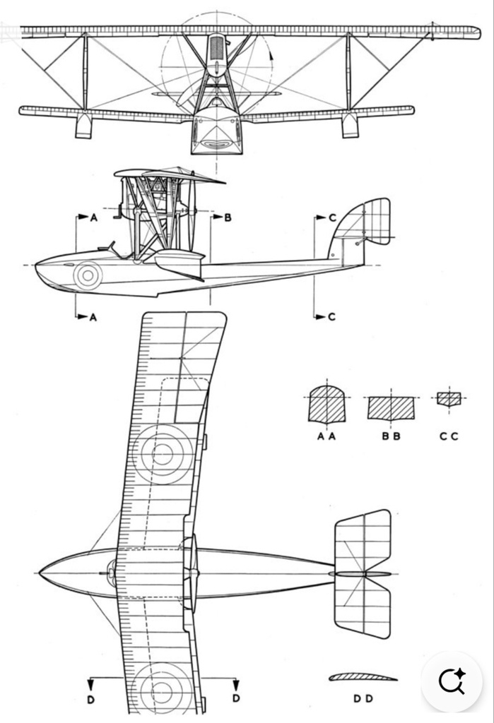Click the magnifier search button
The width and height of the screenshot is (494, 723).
pyautogui.click(x=452, y=681)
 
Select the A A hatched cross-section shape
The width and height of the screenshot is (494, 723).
pyautogui.click(x=327, y=404)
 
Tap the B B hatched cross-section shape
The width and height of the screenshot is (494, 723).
pyautogui.click(x=391, y=408)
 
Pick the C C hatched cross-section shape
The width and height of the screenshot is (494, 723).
pyautogui.click(x=449, y=400)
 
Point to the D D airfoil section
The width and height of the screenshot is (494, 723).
pyautogui.click(x=363, y=677)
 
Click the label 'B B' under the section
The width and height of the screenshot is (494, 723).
pyautogui.click(x=391, y=436)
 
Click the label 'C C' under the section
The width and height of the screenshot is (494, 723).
pyautogui.click(x=449, y=436)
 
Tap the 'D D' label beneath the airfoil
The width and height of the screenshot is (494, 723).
pyautogui.click(x=363, y=698)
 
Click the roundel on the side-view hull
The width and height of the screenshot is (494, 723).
pyautogui.click(x=87, y=275)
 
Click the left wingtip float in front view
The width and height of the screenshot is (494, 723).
pyautogui.click(x=83, y=126)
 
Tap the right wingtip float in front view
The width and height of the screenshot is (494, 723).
pyautogui.click(x=350, y=126)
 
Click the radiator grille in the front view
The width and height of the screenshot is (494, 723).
pyautogui.click(x=216, y=48)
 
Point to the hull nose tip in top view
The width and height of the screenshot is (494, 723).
pyautogui.click(x=40, y=573)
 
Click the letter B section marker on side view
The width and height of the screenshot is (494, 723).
pyautogui.click(x=227, y=217)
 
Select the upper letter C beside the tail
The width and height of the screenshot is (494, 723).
pyautogui.click(x=332, y=217)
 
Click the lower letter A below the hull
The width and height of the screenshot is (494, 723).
pyautogui.click(x=93, y=317)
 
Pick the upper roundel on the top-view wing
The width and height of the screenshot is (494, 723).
pyautogui.click(x=162, y=455)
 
